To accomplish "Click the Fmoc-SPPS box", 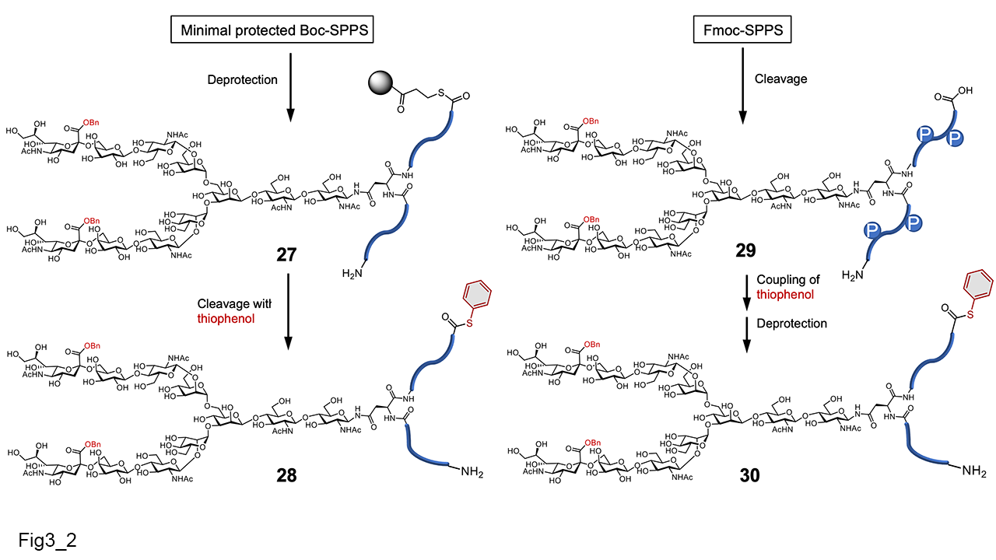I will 741,31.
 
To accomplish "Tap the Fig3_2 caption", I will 48,537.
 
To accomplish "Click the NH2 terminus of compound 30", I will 973,471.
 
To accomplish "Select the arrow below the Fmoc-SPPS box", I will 741,86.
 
